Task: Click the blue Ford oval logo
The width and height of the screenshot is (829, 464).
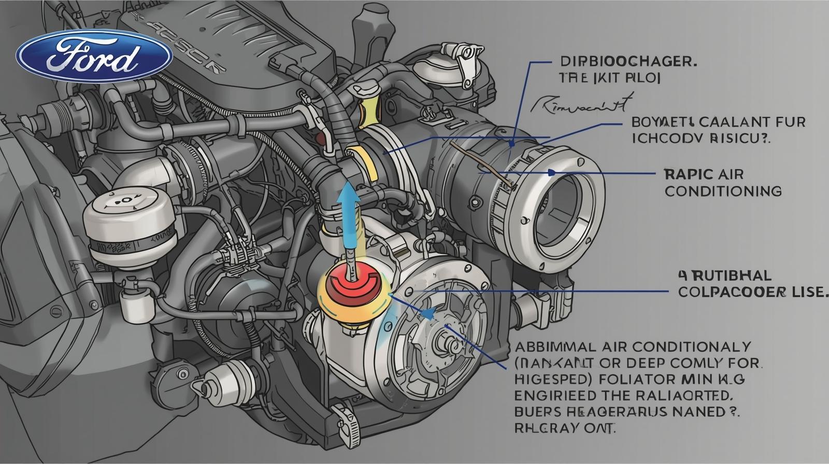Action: click(x=94, y=55)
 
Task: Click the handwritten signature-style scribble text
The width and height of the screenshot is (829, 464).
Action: click(x=580, y=104)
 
